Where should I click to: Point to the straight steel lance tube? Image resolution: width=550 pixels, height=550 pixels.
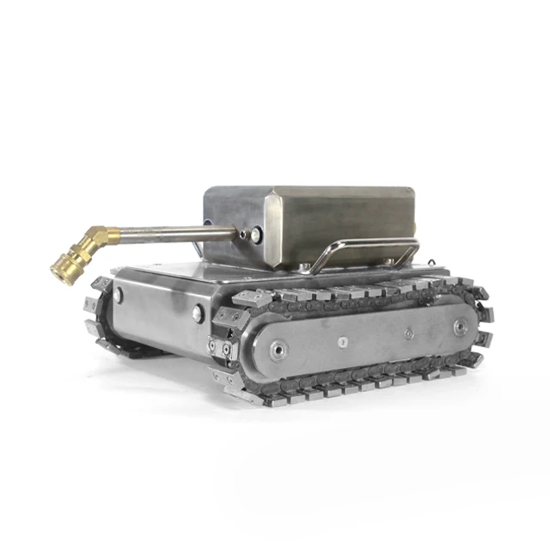[172, 232]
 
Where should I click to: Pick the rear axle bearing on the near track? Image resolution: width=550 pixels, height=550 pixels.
[461, 327]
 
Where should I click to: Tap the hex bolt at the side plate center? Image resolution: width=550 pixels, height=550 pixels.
[343, 341]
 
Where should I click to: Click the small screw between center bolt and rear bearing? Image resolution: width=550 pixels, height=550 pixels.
[408, 333]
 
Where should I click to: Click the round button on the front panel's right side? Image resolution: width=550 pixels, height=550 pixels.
[198, 314]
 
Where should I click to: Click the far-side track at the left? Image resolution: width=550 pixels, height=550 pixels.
[105, 314]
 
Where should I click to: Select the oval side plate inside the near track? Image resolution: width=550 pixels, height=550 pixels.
[361, 337]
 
